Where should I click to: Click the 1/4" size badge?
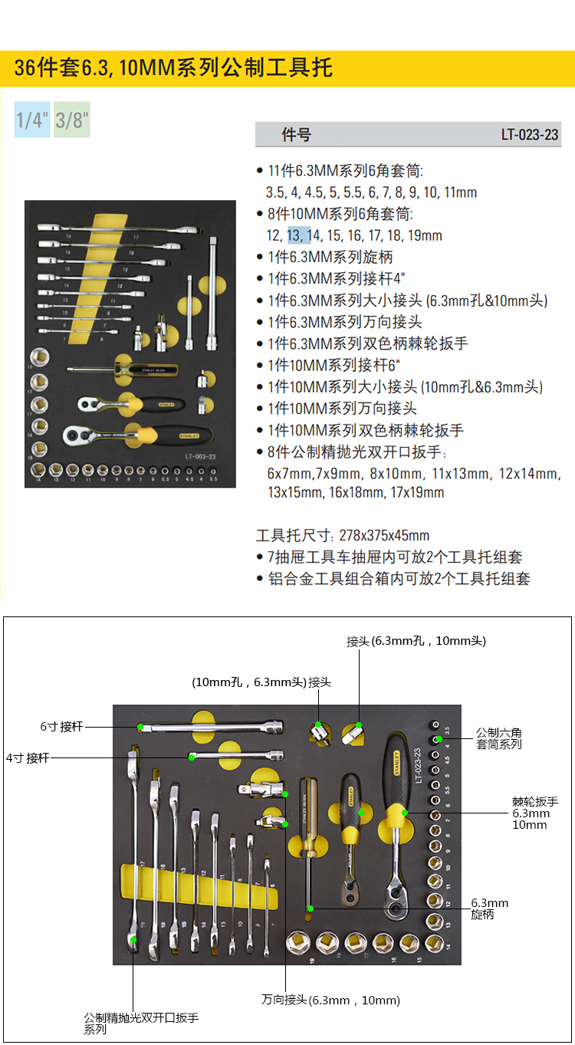32,120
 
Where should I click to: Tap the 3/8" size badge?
72,120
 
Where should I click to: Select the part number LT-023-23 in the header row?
530,135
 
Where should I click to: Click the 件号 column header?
297,135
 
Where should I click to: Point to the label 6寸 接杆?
61,726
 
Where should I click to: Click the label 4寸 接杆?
28,757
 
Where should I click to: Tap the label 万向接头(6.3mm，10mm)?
330,1000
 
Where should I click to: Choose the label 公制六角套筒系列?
499,738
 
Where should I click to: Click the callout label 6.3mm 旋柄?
489,909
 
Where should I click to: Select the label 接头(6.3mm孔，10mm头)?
416,641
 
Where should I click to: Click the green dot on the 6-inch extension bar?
141,726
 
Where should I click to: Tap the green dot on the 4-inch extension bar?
191,757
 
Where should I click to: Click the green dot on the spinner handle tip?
310,909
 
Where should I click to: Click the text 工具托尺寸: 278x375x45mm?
343,535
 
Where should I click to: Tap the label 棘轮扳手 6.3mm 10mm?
535,813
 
